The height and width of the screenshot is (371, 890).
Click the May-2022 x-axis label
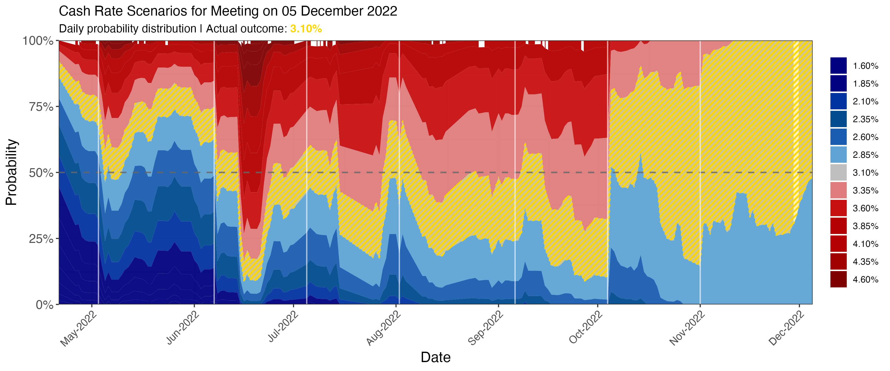(79, 328)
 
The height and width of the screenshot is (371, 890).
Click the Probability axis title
(11, 172)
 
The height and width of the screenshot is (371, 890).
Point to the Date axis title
(435, 357)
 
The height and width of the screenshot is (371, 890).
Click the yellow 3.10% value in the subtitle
(306, 29)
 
